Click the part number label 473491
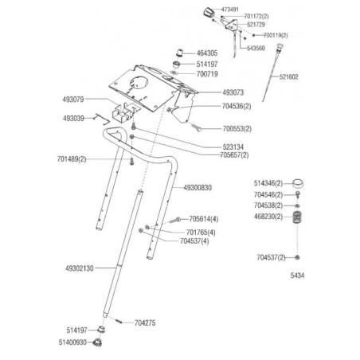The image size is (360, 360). [230, 10]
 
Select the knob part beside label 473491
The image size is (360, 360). [209, 12]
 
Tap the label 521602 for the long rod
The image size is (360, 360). [289, 77]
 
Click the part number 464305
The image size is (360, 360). [207, 53]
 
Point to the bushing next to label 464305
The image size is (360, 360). [180, 53]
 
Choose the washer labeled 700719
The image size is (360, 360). [174, 72]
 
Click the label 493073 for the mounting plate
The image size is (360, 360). [233, 92]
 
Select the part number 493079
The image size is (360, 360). [73, 100]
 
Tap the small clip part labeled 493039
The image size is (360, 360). [102, 119]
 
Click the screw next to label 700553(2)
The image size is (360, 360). [196, 127]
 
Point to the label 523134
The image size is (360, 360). [233, 147]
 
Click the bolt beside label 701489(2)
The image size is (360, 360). [131, 161]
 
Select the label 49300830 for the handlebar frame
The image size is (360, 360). [198, 188]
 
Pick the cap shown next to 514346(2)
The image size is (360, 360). [298, 183]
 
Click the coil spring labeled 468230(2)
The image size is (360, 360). [297, 217]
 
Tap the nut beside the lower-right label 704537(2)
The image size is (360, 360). [297, 257]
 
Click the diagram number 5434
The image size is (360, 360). [297, 276]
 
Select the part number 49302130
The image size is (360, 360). [80, 268]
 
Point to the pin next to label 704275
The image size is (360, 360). [119, 321]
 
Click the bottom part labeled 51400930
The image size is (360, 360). [98, 342]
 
